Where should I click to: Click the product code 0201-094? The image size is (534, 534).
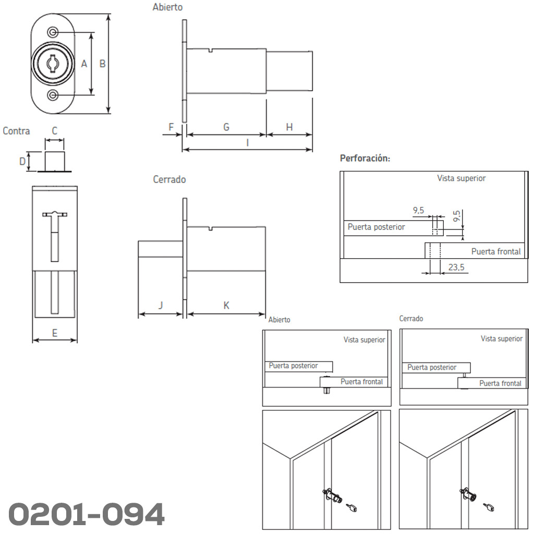[x=87, y=514]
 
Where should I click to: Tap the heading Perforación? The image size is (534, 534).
[x=365, y=159]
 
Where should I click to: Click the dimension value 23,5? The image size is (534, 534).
[x=456, y=268]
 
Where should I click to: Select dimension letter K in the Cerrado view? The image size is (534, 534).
[x=226, y=306]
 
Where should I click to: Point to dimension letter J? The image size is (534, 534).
[x=161, y=305]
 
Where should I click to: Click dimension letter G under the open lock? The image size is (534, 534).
[x=226, y=127]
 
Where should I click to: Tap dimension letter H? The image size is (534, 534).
[x=289, y=127]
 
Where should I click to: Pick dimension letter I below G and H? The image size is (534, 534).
[x=248, y=143]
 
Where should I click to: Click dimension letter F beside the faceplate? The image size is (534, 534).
[x=171, y=127]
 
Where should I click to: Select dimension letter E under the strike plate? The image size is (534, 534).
[x=54, y=333]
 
